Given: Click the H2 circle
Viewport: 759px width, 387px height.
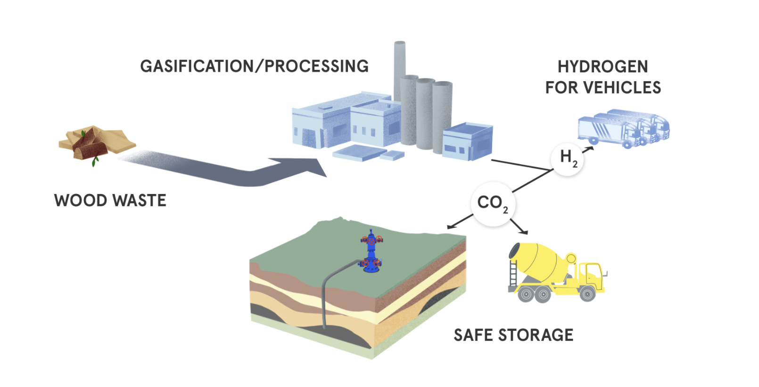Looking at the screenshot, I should pos(567,159).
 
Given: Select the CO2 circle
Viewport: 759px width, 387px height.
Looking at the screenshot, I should pos(493,204).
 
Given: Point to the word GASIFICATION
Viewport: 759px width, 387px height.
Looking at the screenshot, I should pos(197,67).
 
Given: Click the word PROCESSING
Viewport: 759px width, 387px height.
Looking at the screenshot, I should pos(316,67).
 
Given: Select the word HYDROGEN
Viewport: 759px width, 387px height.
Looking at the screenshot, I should pos(602,67).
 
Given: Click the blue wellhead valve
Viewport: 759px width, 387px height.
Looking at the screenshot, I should pos(371,252).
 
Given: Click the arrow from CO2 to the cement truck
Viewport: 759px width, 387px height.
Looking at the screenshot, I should pos(519,227).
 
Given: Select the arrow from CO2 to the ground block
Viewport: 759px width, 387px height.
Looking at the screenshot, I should pos(460,221).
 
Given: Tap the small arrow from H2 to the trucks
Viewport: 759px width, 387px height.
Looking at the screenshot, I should pos(588,149).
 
